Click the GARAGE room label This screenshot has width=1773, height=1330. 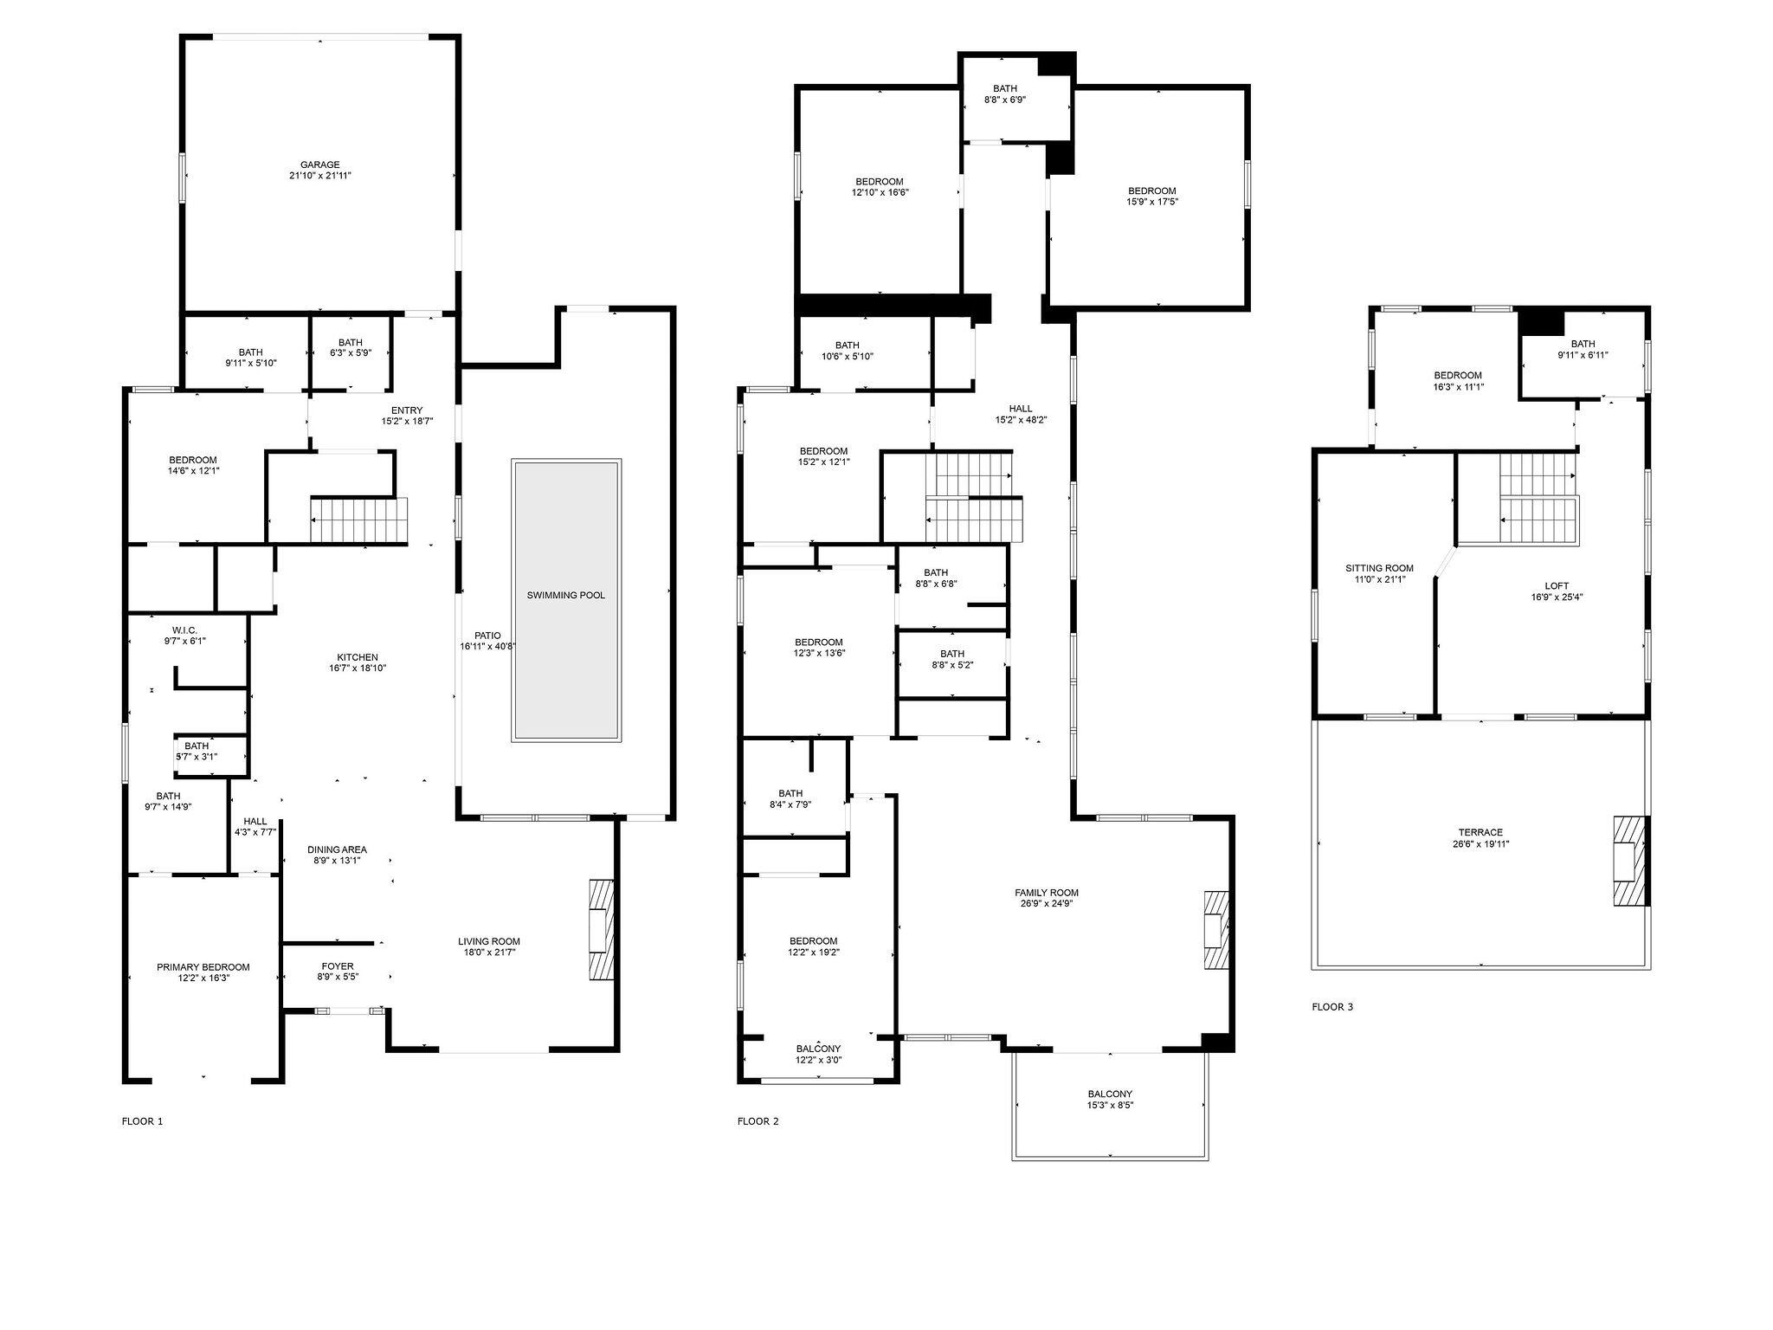319,165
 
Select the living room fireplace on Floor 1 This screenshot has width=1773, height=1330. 601,929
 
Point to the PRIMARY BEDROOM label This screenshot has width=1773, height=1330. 203,967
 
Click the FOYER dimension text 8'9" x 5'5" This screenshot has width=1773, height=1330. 337,977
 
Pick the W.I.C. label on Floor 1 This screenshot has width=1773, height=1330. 184,629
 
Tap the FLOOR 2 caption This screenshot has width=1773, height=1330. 758,1121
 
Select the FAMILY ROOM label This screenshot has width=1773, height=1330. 1047,893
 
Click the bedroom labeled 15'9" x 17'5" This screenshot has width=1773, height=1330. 1151,196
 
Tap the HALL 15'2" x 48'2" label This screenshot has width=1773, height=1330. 1021,414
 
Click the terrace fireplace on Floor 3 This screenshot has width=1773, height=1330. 1627,861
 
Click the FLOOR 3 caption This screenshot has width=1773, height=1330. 1331,1007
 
